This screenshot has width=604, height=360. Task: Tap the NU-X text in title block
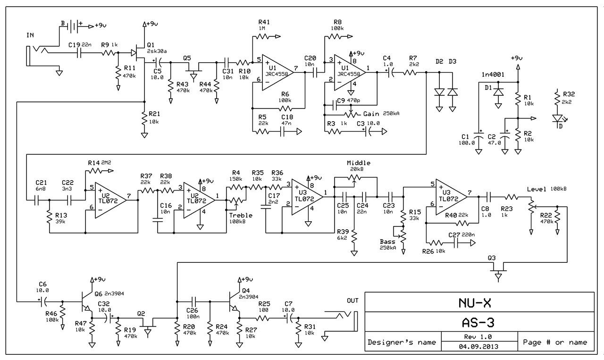click(x=480, y=302)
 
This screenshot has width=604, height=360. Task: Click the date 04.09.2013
click(x=480, y=346)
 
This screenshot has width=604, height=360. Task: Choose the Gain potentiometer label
click(x=372, y=114)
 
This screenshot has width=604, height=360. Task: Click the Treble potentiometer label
click(x=241, y=215)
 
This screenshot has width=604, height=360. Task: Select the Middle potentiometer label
click(x=359, y=163)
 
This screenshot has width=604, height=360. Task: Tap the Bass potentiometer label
click(x=387, y=242)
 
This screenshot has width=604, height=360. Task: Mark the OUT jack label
click(x=352, y=301)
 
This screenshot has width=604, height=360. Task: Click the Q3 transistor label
click(x=492, y=258)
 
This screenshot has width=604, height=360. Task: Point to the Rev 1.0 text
click(x=480, y=337)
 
